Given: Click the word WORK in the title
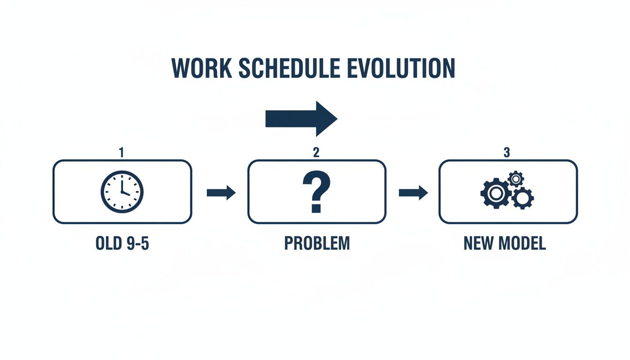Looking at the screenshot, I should [202, 69].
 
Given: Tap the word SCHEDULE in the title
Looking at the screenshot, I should [289, 69].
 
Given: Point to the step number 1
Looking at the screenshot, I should [121, 153].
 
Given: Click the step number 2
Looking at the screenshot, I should [316, 153].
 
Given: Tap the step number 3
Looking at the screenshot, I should [507, 153].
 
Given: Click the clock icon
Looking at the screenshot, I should [122, 192].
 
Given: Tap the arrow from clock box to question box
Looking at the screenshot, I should [221, 193].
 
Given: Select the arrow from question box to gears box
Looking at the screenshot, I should [413, 193].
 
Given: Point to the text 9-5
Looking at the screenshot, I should [136, 244].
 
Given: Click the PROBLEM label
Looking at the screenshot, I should [316, 244].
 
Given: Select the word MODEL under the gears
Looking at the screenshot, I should [525, 244].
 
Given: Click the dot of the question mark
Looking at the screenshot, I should [315, 207].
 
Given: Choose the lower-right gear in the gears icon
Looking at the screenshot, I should [522, 199].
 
